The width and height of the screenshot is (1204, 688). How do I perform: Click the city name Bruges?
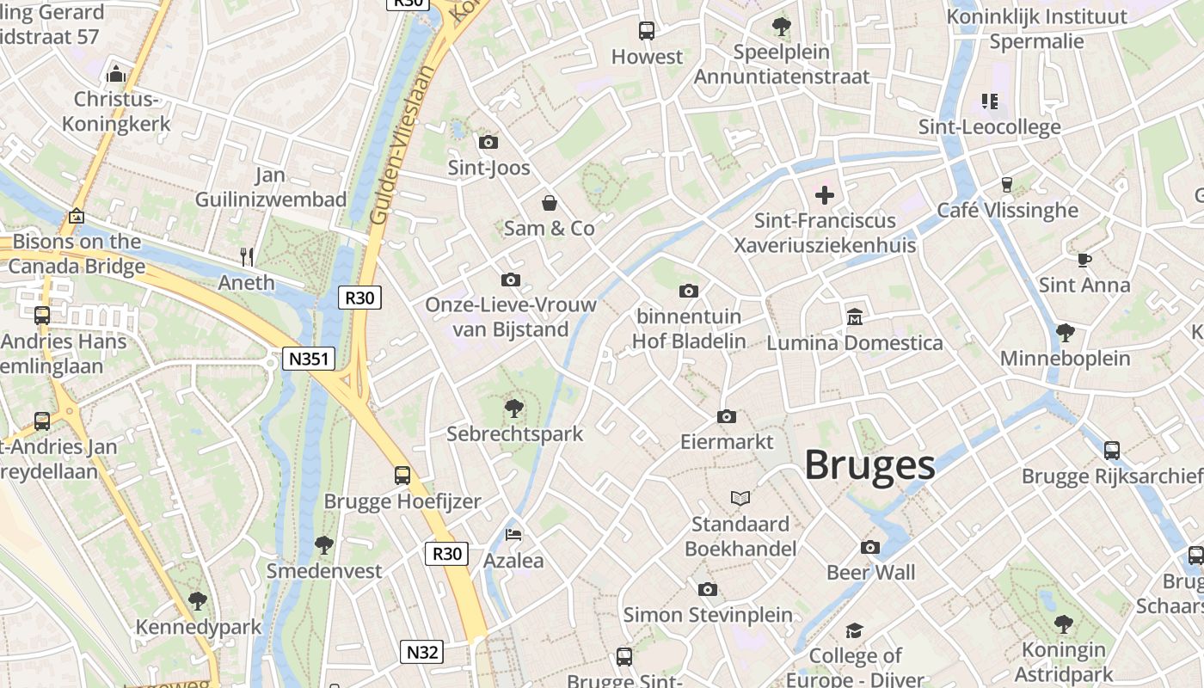pos(869,465)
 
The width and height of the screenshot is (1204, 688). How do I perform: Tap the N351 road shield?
pos(308,358)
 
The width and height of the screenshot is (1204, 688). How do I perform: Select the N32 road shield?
pos(422,652)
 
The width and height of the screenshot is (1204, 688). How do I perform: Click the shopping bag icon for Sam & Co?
pos(549,203)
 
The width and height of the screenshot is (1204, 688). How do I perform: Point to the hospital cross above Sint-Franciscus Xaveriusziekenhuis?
pos(824,195)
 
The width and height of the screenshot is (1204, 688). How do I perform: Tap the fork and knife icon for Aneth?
pos(247,256)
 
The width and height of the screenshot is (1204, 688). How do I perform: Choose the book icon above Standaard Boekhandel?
pos(740,498)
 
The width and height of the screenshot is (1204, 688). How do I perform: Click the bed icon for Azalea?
pos(513,535)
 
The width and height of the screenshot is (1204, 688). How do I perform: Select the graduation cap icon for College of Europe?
pos(854,630)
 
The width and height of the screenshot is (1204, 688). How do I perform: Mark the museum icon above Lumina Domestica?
pos(855,317)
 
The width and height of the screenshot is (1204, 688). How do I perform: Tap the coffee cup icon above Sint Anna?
pos(1084,259)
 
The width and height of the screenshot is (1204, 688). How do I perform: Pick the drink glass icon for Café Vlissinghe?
pos(1006,184)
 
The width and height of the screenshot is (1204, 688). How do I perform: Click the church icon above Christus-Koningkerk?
pos(116,74)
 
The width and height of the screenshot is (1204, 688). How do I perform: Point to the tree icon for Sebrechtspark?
pos(514,408)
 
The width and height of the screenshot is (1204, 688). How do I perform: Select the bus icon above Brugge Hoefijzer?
pos(402,475)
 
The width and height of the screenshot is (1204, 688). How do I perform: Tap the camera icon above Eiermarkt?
pos(727,416)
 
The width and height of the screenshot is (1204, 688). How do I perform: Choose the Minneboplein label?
pos(1065,358)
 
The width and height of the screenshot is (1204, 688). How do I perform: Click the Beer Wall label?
pos(870,573)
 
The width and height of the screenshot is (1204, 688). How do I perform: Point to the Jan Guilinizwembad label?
pos(270,187)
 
